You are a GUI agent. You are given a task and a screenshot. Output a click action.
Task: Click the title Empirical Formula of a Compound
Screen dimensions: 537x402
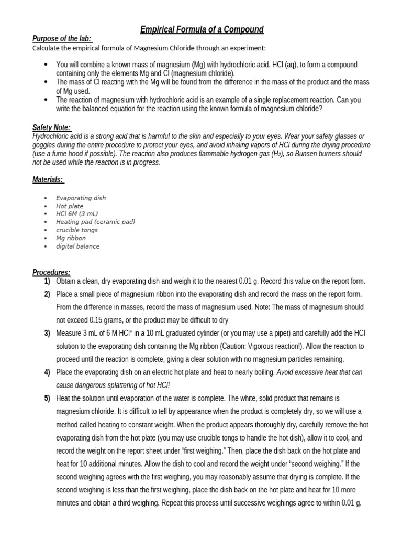click(202, 29)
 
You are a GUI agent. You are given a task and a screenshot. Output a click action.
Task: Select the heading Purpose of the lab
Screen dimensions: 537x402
click(62, 39)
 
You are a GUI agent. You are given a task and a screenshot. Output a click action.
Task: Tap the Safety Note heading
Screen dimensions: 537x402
click(51, 127)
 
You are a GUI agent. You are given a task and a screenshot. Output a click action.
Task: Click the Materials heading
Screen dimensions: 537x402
click(48, 180)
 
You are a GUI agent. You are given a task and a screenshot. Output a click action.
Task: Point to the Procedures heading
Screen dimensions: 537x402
click(51, 272)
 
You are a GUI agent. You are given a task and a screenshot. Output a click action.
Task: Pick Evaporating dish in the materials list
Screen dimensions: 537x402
click(81, 198)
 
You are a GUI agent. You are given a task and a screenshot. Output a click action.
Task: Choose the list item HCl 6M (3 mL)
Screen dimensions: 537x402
click(77, 214)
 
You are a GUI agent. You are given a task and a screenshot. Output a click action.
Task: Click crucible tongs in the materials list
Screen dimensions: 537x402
click(77, 230)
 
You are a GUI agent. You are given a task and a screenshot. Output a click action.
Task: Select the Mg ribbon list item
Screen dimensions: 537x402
click(71, 238)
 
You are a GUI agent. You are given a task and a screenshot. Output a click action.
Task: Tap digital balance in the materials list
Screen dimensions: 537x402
click(77, 246)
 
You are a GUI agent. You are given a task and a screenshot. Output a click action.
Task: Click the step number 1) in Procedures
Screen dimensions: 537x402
click(47, 281)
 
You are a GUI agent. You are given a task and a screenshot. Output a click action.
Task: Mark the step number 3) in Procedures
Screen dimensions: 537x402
click(47, 333)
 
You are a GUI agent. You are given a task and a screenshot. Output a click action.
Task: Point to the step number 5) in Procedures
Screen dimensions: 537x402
click(47, 399)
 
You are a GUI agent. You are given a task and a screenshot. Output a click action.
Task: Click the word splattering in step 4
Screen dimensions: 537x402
click(118, 385)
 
